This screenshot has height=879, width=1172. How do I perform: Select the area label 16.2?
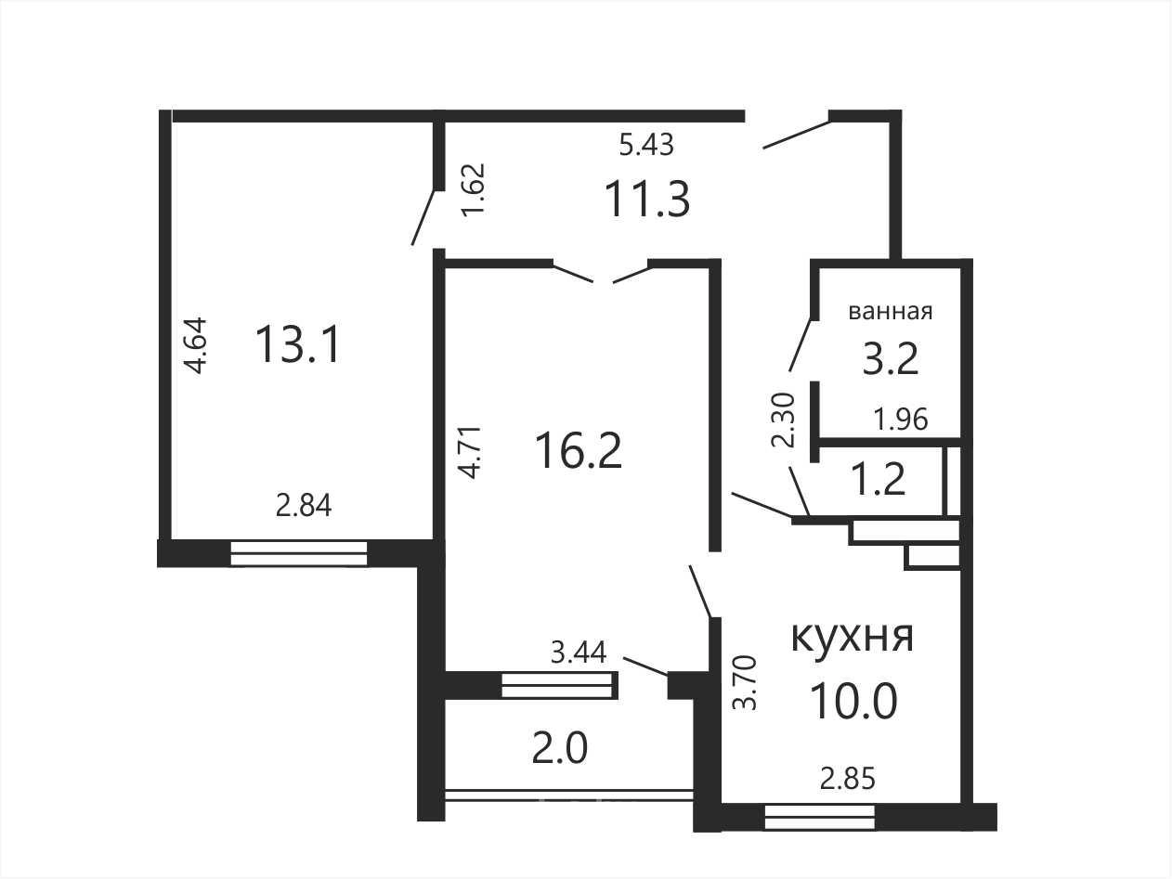pyautogui.click(x=579, y=451)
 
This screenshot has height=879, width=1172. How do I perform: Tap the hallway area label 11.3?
pyautogui.click(x=647, y=199)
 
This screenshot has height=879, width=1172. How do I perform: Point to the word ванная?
pyautogui.click(x=891, y=311)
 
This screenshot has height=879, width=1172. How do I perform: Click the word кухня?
pyautogui.click(x=853, y=637)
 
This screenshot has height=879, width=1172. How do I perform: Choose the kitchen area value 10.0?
pyautogui.click(x=853, y=703)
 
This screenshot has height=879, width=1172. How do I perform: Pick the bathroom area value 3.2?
pyautogui.click(x=891, y=358)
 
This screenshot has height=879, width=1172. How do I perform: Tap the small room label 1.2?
pyautogui.click(x=879, y=479)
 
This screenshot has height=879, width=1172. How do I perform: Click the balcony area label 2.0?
pyautogui.click(x=560, y=748)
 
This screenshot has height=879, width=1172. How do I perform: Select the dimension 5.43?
pyautogui.click(x=646, y=144)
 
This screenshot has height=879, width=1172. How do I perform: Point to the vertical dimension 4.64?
pyautogui.click(x=195, y=345)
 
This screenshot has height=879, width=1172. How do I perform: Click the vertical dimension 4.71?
pyautogui.click(x=471, y=453)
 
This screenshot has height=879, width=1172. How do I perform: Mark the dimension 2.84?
pyautogui.click(x=304, y=505)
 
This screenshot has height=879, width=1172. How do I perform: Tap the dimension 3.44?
pyautogui.click(x=579, y=653)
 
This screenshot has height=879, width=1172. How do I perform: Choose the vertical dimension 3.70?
pyautogui.click(x=746, y=682)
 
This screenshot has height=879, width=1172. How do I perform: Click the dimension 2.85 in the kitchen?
pyautogui.click(x=847, y=779)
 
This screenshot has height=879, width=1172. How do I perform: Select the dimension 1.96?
pyautogui.click(x=901, y=419)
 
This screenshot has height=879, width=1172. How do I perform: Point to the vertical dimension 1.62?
pyautogui.click(x=474, y=188)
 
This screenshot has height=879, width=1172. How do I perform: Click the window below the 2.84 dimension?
pyautogui.click(x=298, y=553)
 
